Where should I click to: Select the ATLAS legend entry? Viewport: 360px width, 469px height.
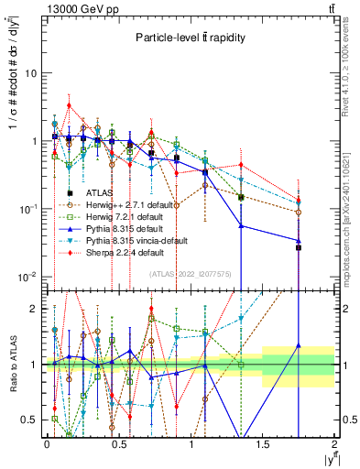(98, 193)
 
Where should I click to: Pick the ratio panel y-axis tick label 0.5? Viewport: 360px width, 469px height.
(29, 420)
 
